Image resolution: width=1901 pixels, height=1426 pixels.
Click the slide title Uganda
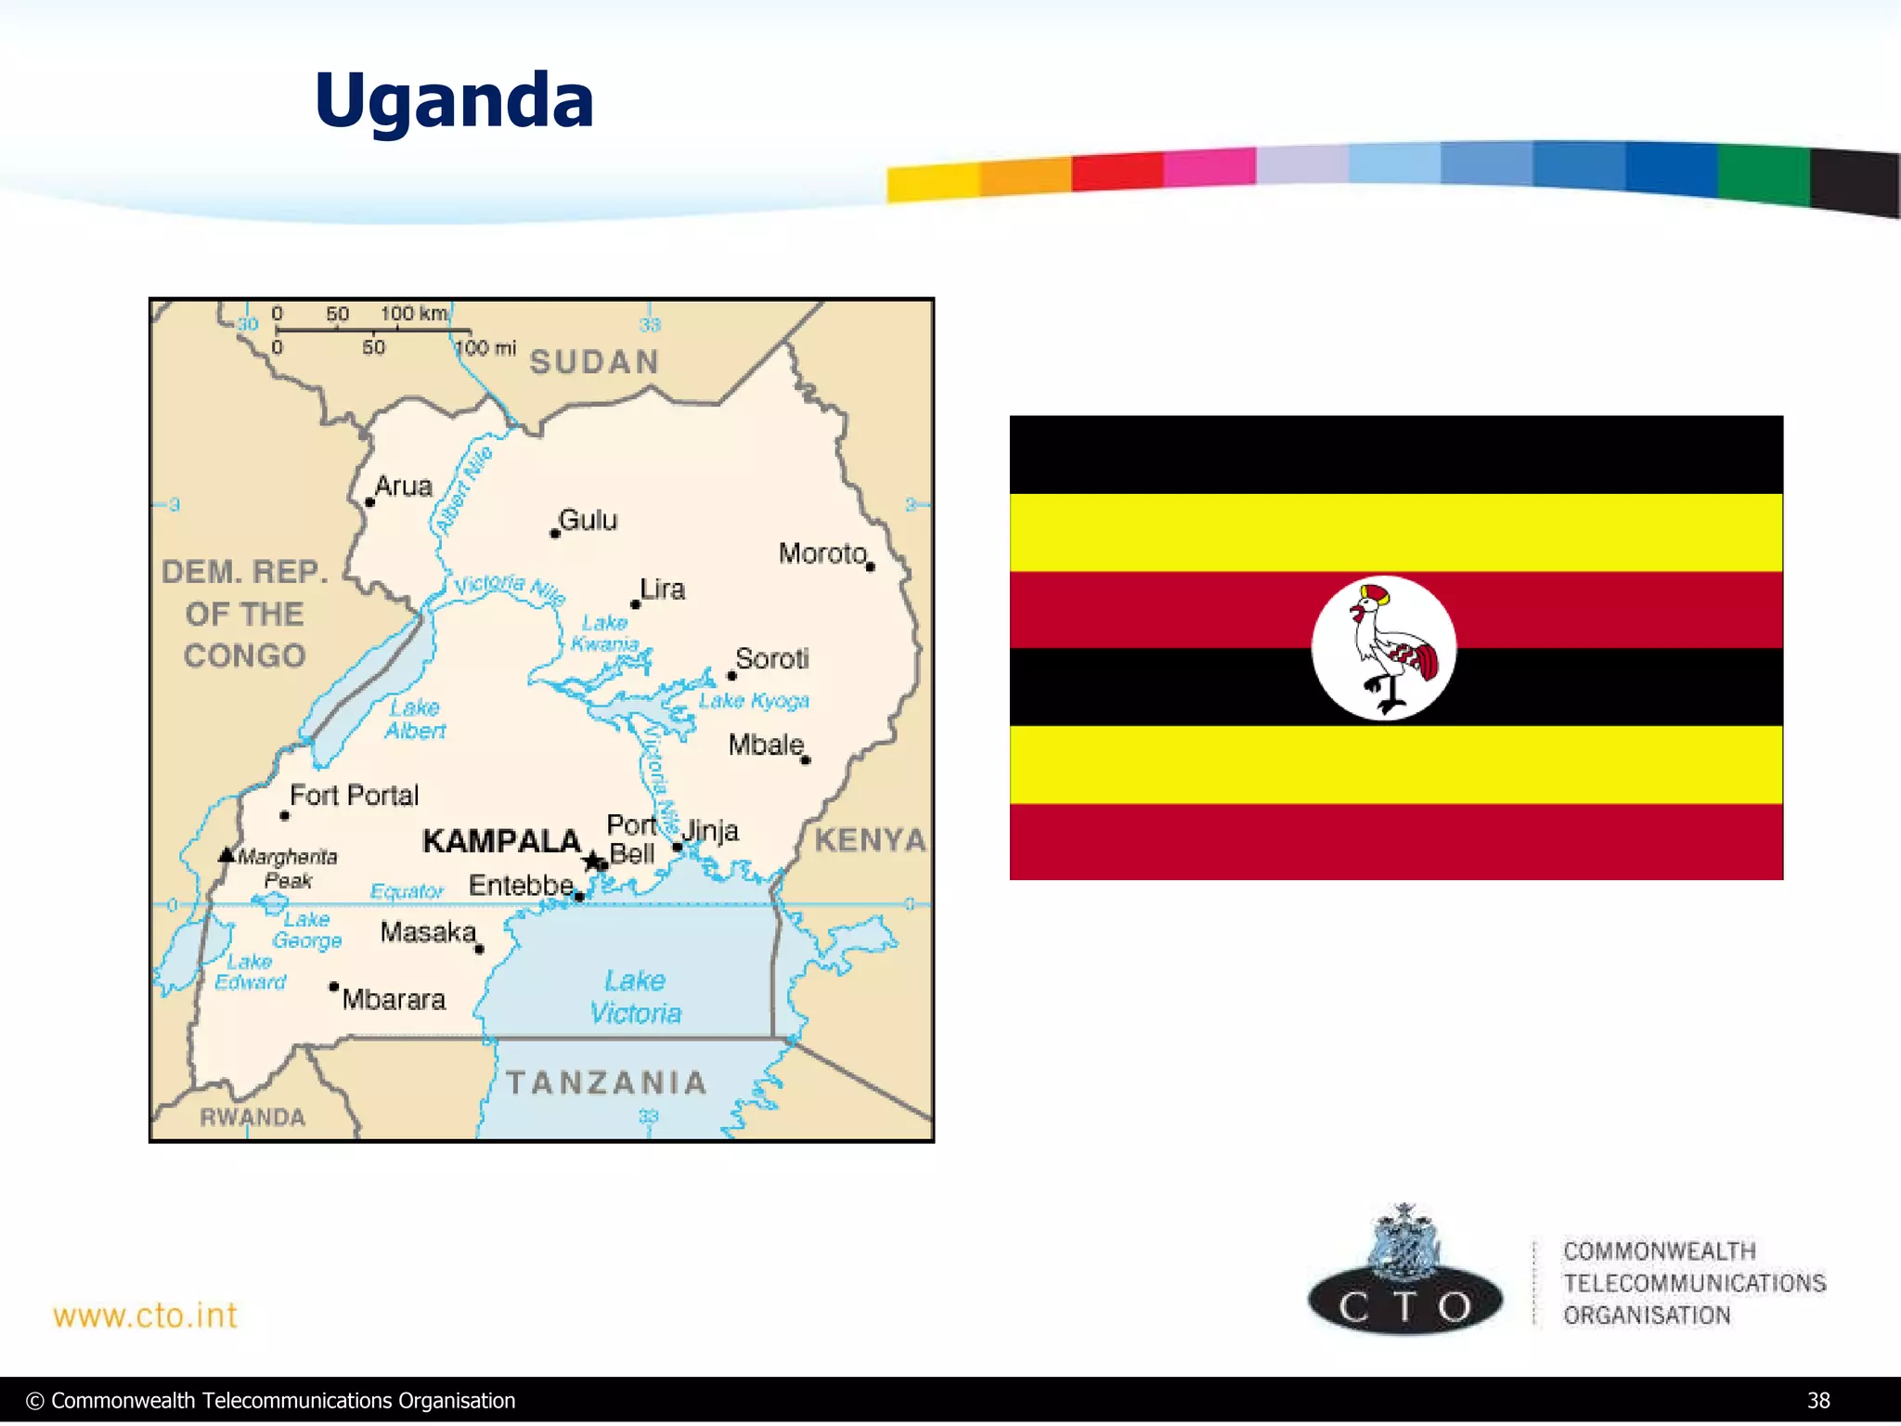[454, 100]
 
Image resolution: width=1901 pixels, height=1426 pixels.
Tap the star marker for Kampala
[591, 861]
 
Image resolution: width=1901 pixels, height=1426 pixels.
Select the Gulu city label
[588, 520]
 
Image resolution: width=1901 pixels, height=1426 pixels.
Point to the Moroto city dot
[870, 566]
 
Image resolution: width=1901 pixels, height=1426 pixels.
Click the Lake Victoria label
[636, 997]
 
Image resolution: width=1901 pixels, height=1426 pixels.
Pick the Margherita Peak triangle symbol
[226, 854]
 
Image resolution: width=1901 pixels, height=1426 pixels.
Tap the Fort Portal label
[354, 796]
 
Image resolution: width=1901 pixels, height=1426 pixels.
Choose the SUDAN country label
[594, 361]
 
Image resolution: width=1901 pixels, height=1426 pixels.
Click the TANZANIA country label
[607, 1082]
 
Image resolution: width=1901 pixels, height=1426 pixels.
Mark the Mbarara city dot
[333, 986]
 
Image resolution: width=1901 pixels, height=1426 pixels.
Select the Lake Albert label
[415, 719]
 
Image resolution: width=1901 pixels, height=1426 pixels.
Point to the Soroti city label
[771, 658]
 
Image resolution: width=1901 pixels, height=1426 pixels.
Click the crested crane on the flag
[1387, 648]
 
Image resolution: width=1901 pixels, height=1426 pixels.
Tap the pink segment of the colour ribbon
[1209, 167]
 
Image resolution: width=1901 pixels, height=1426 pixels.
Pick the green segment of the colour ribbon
[1763, 173]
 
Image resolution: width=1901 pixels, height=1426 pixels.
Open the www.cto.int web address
[146, 1316]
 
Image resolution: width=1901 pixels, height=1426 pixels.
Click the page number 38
[1818, 1400]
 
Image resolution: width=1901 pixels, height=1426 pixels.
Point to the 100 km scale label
[413, 314]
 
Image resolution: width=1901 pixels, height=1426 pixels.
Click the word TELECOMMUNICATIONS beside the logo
[1694, 1283]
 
